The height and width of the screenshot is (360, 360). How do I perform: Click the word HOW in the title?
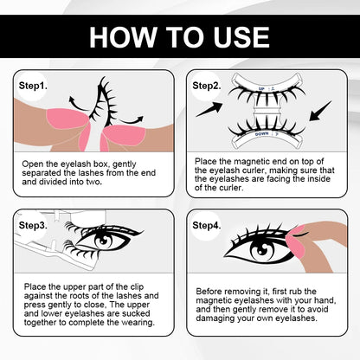tap(122, 37)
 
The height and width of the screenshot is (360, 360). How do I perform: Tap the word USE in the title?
tap(241, 37)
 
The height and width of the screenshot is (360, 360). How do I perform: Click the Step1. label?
tap(33, 86)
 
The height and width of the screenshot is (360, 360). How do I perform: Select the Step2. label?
tap(207, 86)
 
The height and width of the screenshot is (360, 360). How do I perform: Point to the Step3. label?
tap(33, 225)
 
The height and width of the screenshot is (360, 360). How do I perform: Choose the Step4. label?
tap(207, 225)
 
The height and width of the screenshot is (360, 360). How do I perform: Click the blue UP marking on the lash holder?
tap(261, 88)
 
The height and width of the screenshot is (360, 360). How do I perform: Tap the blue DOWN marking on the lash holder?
tap(262, 134)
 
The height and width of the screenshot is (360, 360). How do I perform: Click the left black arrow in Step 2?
tap(209, 110)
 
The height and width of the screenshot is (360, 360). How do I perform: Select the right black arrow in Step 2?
tap(320, 111)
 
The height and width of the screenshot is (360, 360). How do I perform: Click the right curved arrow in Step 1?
tap(132, 120)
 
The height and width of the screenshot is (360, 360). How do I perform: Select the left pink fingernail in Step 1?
tap(67, 119)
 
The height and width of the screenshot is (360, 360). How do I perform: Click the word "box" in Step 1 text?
tap(101, 164)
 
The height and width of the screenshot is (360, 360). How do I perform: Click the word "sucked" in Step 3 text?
tap(136, 313)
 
